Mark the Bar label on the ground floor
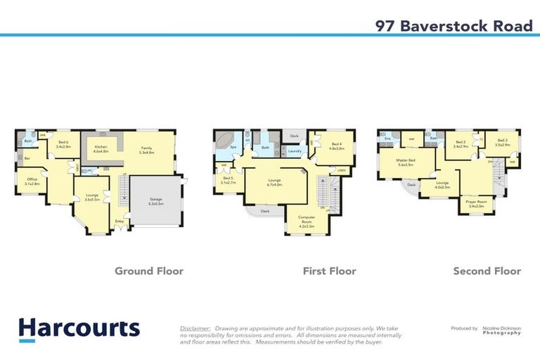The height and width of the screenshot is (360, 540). (x=27, y=159)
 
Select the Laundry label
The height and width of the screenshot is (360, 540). (x=295, y=150)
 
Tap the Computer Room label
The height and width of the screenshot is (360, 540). (x=306, y=219)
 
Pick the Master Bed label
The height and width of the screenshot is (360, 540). (x=407, y=161)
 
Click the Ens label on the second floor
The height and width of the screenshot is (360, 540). (x=387, y=139)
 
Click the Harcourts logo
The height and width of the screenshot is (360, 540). (x=79, y=328)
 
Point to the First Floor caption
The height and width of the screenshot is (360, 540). (x=329, y=271)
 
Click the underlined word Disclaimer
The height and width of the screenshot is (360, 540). (x=195, y=328)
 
